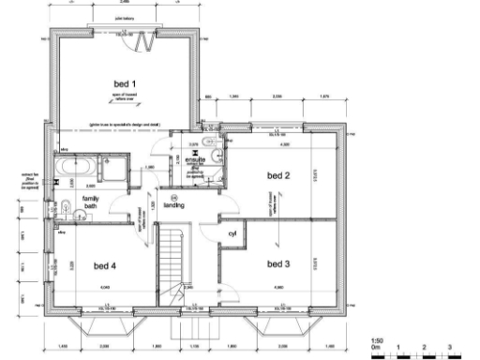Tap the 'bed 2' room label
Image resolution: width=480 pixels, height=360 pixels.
point(277,175)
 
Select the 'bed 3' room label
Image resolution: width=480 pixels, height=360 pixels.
point(277,264)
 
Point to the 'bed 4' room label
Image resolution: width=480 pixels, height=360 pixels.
point(104,265)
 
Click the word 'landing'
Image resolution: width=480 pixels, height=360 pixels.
point(173,204)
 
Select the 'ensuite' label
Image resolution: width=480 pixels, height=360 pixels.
point(195,160)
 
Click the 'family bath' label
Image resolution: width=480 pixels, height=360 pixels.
point(90,204)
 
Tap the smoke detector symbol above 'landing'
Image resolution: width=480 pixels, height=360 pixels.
point(173,194)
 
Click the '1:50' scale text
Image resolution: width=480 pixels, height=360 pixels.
point(377,339)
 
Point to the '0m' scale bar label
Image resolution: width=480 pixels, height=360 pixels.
point(376,347)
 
